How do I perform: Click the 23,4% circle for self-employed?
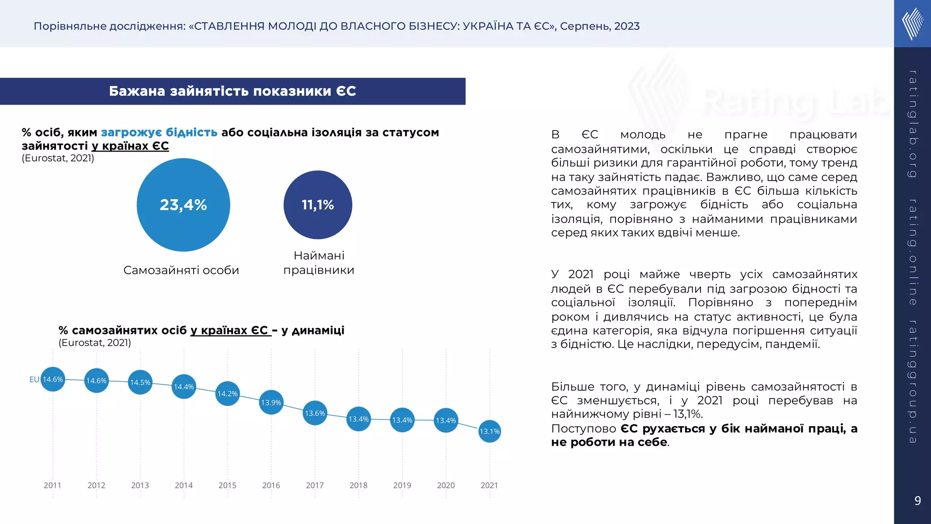[x=183, y=205]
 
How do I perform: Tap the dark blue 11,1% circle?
[x=318, y=205]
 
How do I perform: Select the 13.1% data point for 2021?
[x=490, y=431]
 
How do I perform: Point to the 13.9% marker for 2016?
[x=271, y=403]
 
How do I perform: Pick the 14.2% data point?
[x=227, y=393]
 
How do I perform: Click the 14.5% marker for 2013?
[x=140, y=383]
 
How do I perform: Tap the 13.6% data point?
[x=315, y=413]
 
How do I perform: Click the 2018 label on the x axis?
[x=358, y=485]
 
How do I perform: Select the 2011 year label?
[x=52, y=485]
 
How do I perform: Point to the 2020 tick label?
[x=446, y=485]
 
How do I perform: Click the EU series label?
[x=34, y=379]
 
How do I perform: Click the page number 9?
[x=917, y=501]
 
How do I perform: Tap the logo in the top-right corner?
[x=912, y=24]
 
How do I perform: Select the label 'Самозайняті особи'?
[x=181, y=270]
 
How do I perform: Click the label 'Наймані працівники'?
[x=319, y=263]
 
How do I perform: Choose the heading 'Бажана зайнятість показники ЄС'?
[x=232, y=91]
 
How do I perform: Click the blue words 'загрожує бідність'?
[x=159, y=132]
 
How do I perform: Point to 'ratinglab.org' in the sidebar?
[x=912, y=124]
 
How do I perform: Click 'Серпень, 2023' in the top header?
[x=600, y=26]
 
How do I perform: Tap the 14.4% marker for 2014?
[x=184, y=387]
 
